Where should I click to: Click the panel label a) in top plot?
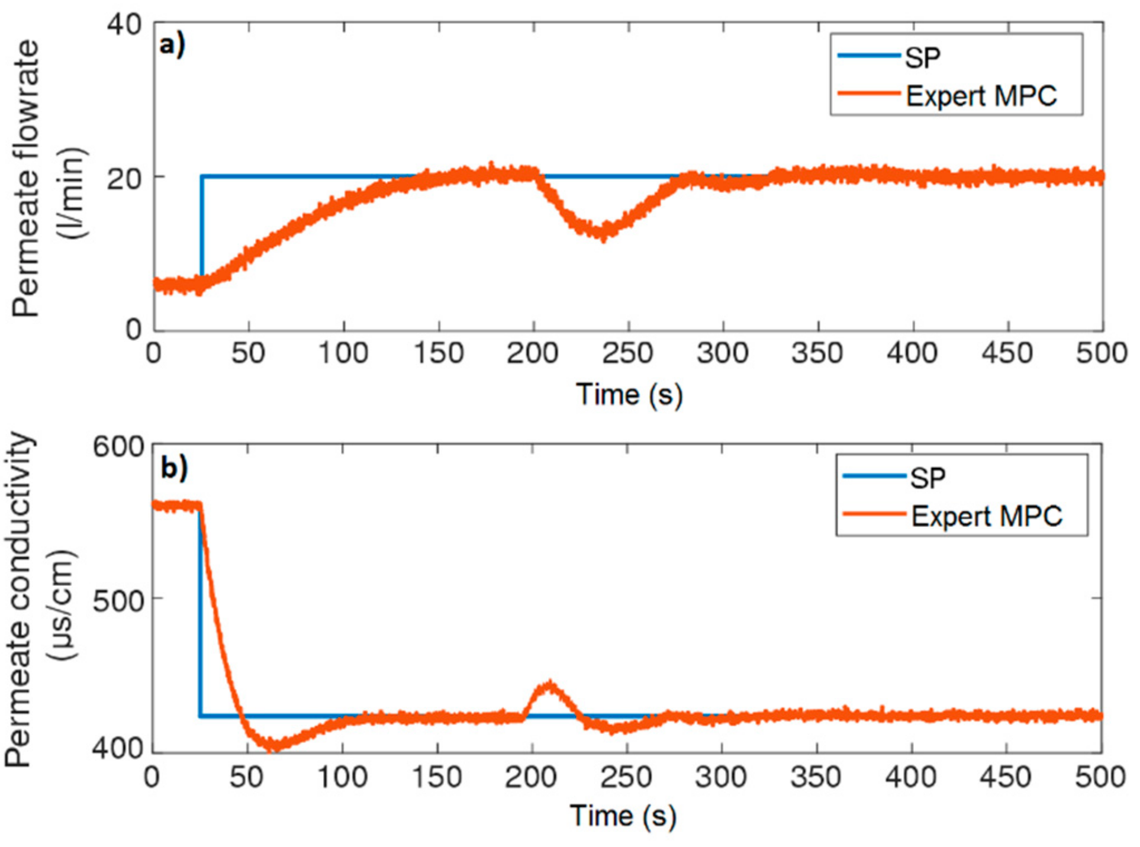tap(172, 45)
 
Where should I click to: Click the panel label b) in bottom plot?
tap(174, 468)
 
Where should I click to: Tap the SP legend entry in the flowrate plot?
tap(922, 57)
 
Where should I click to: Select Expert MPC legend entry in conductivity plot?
tap(986, 516)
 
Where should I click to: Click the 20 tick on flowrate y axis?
tap(124, 178)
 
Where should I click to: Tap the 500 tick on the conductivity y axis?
tap(118, 601)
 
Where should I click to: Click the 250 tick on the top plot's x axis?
tap(627, 353)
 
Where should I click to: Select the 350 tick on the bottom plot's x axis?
tap(816, 777)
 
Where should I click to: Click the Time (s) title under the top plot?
tap(629, 395)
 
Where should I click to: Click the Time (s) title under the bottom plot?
tap(623, 816)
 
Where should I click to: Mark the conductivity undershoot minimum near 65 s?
tap(274, 747)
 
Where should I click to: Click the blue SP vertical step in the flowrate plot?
tap(202, 225)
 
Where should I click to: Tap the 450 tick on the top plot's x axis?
tap(1007, 353)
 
